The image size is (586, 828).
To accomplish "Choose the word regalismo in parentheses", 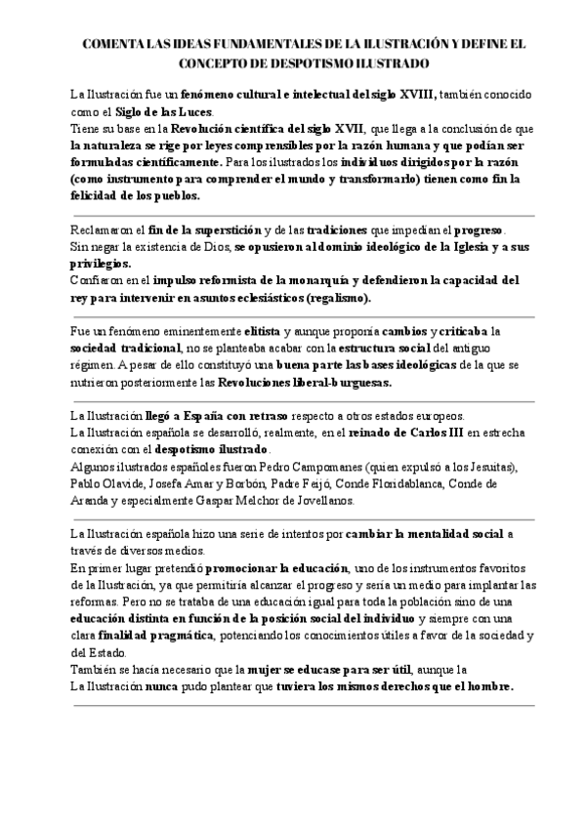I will (337, 297).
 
